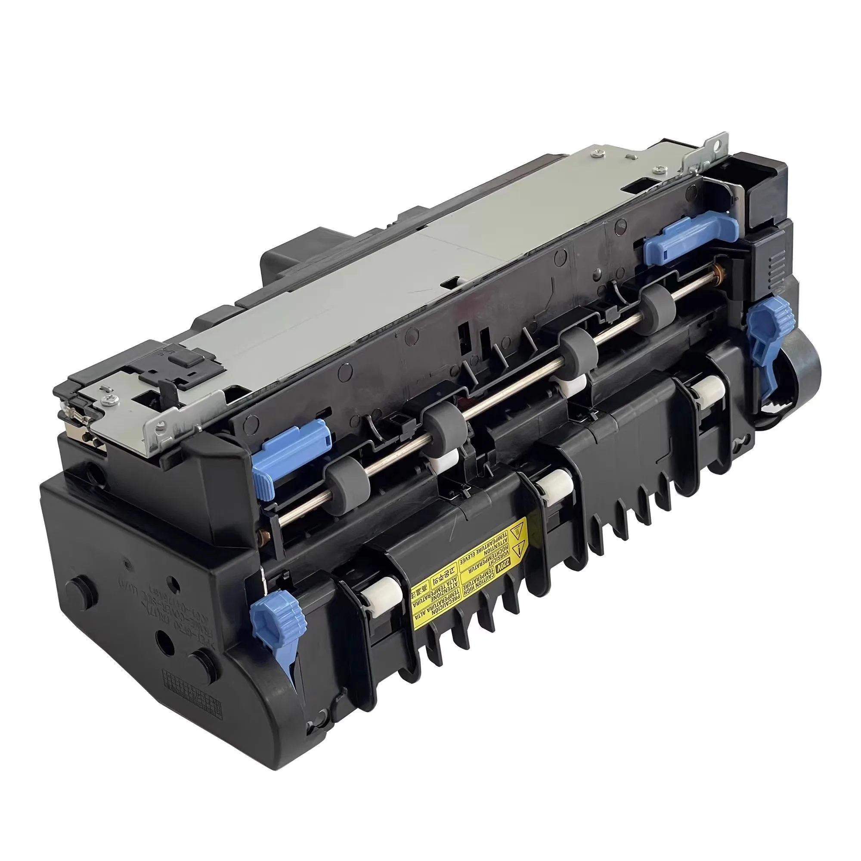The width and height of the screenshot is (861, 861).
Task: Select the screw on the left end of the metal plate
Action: click(109, 399)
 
